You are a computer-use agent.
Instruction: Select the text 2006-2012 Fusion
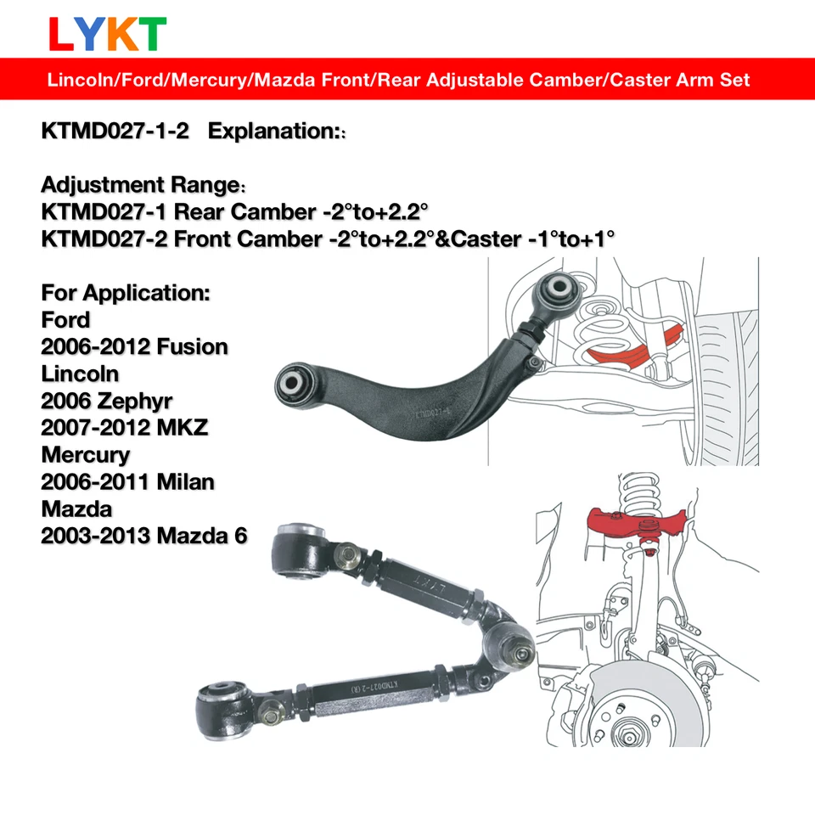[134, 346]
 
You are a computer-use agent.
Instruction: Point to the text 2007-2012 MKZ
[124, 427]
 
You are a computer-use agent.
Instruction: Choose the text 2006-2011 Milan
[127, 481]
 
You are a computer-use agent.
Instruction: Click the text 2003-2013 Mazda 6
[144, 536]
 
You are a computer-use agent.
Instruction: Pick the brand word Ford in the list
[65, 319]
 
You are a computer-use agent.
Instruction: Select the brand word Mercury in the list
[85, 454]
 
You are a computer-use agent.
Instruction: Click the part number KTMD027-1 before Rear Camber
[104, 211]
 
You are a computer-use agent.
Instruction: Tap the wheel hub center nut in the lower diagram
[631, 728]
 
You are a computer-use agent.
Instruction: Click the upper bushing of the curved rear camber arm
[558, 289]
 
